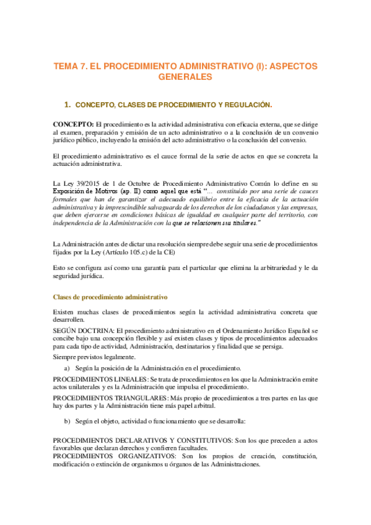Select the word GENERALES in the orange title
click(185, 77)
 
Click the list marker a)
click(67, 368)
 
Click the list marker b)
click(67, 421)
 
